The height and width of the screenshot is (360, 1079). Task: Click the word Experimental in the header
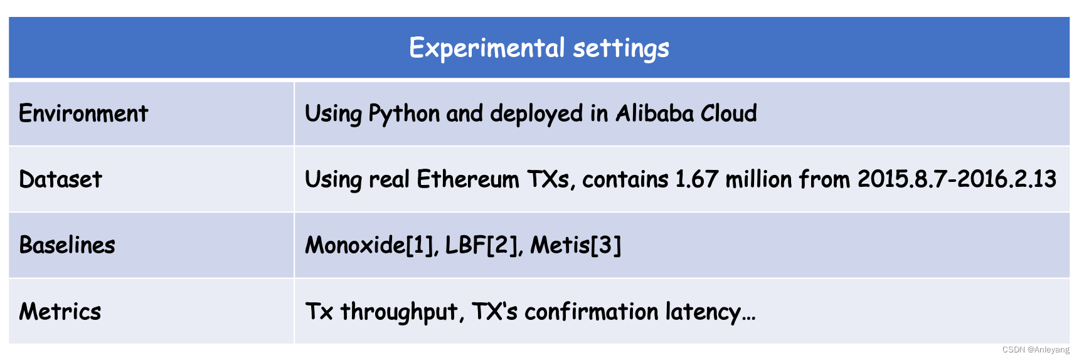pos(487,48)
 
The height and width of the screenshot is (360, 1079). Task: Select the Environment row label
pos(83,114)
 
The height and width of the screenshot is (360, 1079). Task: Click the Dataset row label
pos(60,179)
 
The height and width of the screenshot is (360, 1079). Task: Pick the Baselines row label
pos(67,245)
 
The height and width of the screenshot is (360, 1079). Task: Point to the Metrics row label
pos(60,311)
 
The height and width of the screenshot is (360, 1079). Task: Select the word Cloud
pos(728,114)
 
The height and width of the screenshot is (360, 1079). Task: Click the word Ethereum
pos(468,179)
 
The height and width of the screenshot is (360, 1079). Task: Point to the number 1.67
pos(696,179)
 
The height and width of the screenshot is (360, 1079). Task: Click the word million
pos(758,179)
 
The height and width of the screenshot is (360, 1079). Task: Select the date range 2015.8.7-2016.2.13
pos(957,179)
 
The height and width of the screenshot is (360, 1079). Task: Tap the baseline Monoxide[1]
pos(371,245)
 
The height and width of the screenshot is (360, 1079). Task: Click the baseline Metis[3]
pos(576,245)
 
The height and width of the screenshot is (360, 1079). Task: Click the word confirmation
pos(592,311)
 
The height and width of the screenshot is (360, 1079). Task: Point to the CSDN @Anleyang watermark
pos(1036,350)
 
